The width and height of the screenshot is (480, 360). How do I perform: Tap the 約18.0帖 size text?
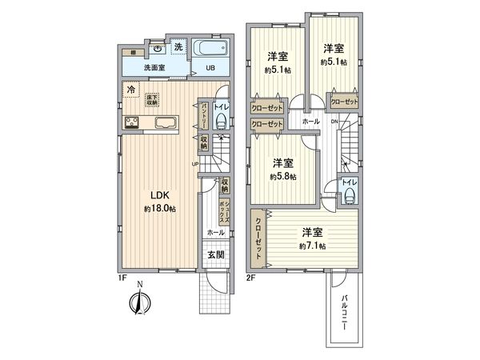160,209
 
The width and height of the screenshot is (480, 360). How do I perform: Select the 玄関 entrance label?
215,255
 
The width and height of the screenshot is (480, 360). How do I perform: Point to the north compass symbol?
138,303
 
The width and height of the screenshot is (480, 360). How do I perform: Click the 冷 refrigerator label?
130,90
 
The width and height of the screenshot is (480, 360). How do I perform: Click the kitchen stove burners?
131,122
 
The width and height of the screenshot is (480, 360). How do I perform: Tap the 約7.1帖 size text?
312,246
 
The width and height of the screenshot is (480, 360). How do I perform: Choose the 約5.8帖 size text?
282,176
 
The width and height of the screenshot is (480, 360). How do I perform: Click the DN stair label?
334,122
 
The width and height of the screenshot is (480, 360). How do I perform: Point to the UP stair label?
194,165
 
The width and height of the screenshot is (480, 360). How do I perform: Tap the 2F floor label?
250,278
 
